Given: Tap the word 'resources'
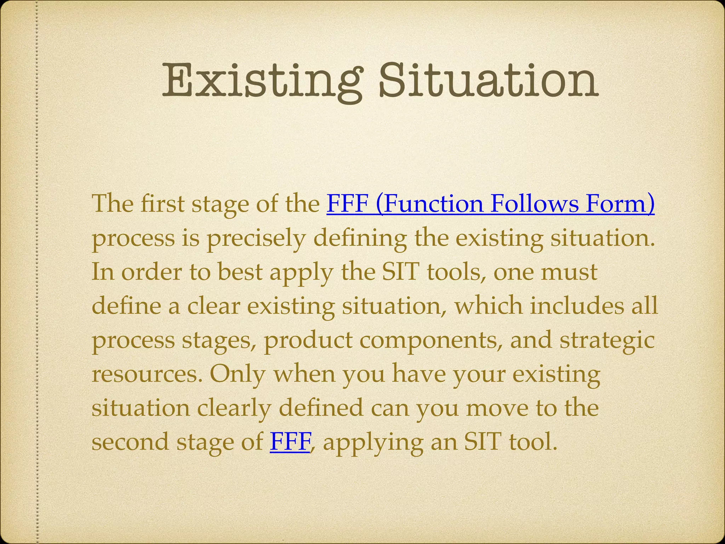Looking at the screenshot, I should pyautogui.click(x=147, y=375).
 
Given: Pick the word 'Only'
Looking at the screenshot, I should pyautogui.click(x=237, y=374).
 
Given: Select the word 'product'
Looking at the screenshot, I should pyautogui.click(x=308, y=340).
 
